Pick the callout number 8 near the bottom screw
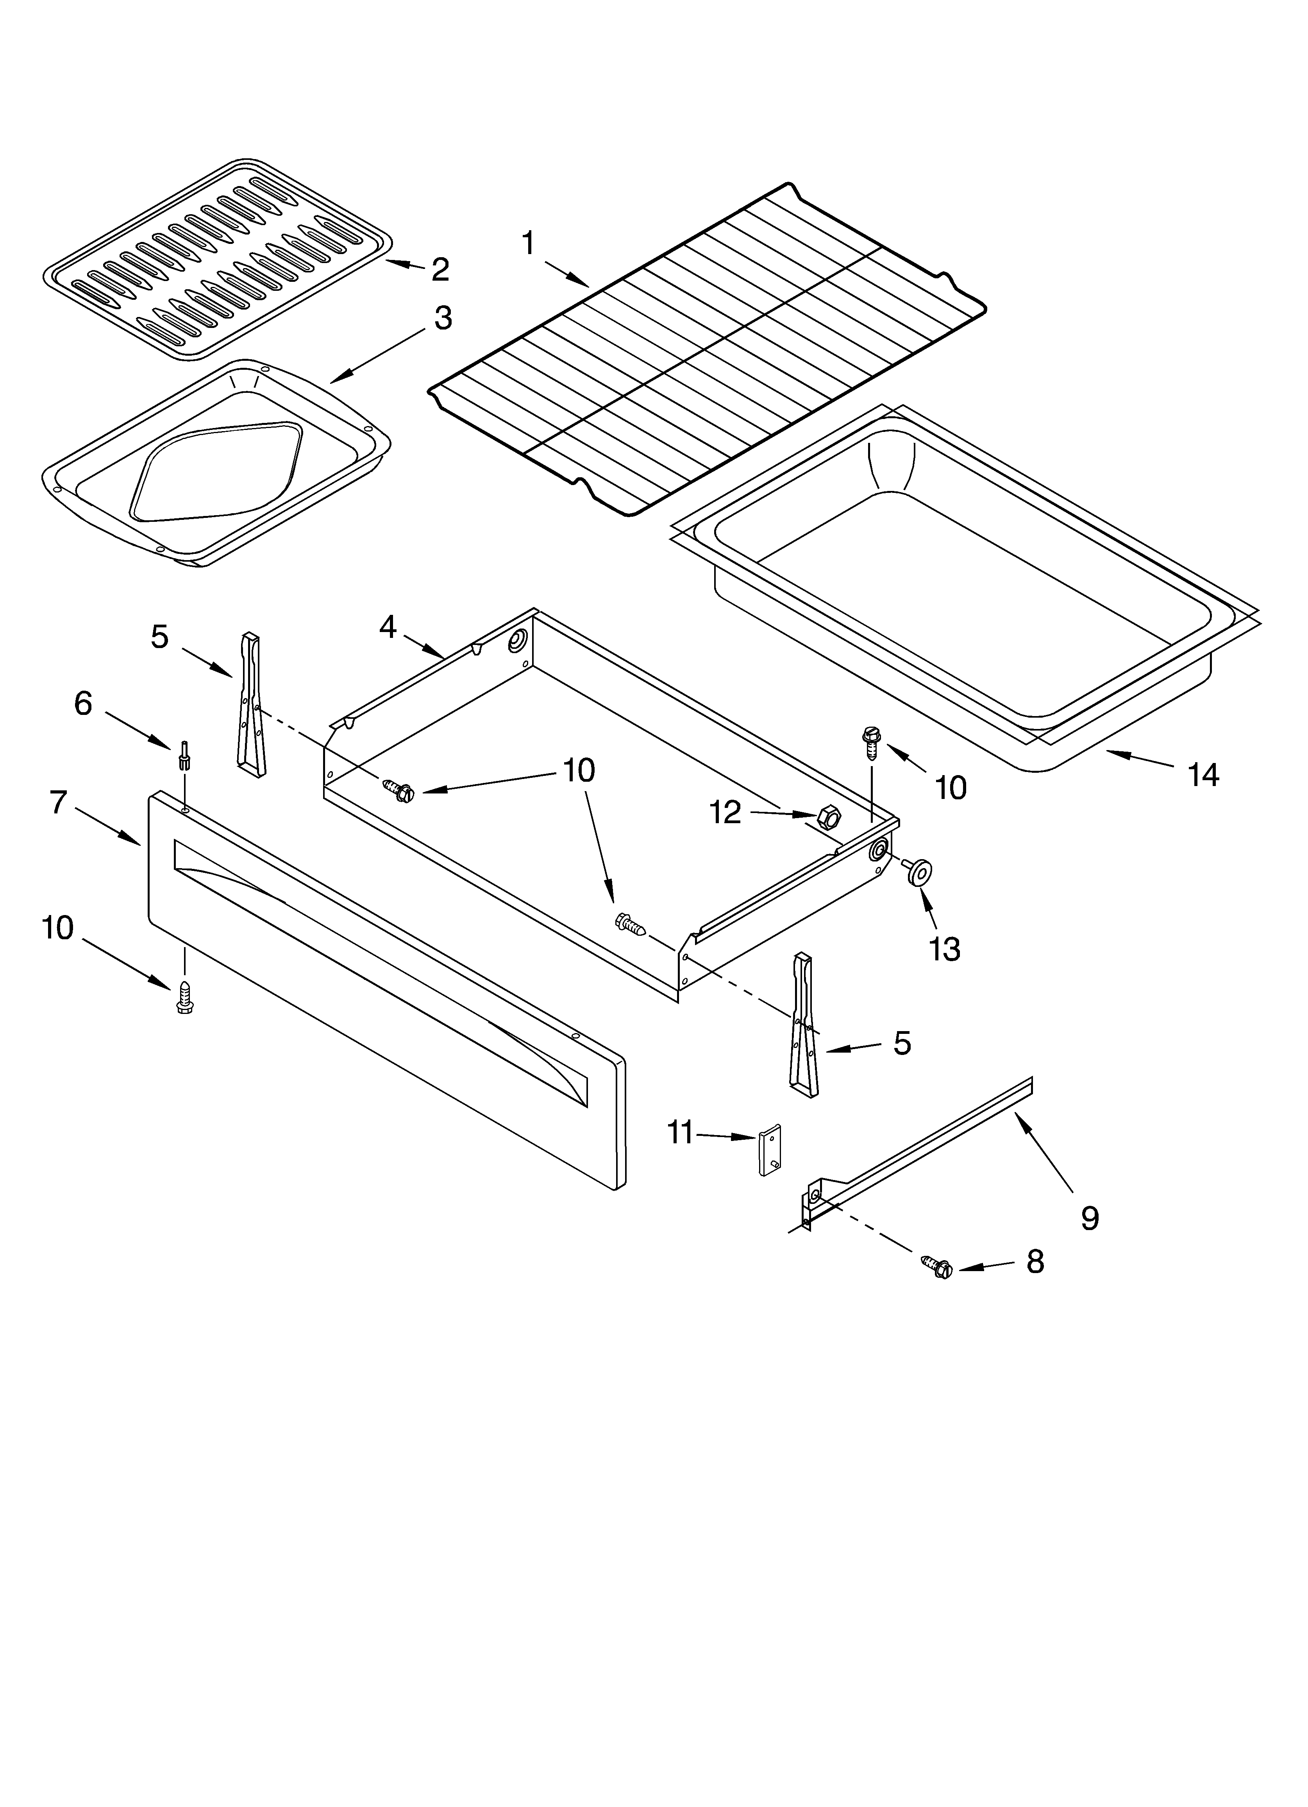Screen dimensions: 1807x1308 (1035, 1261)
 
